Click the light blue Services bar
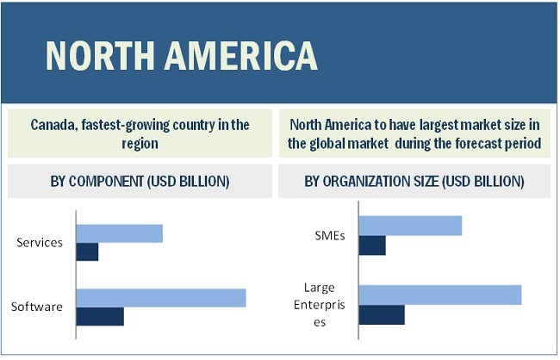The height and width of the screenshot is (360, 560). click(119, 233)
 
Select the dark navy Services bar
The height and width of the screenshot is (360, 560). click(87, 251)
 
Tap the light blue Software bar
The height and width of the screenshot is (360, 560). click(161, 298)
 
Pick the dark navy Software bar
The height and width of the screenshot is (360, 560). click(100, 316)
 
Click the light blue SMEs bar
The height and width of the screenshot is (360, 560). click(410, 226)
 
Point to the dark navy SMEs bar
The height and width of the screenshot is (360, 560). click(372, 245)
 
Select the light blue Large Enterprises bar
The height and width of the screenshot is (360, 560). click(439, 295)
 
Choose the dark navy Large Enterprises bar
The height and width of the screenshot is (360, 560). click(382, 314)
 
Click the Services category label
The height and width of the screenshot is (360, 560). click(40, 242)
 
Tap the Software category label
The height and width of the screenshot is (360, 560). click(37, 307)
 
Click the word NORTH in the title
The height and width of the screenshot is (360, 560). click(103, 55)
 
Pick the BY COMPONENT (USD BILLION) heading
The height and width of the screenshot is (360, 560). click(140, 182)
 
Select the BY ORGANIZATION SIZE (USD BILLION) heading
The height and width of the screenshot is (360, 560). click(414, 182)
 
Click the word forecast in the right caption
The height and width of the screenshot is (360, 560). click(474, 144)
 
